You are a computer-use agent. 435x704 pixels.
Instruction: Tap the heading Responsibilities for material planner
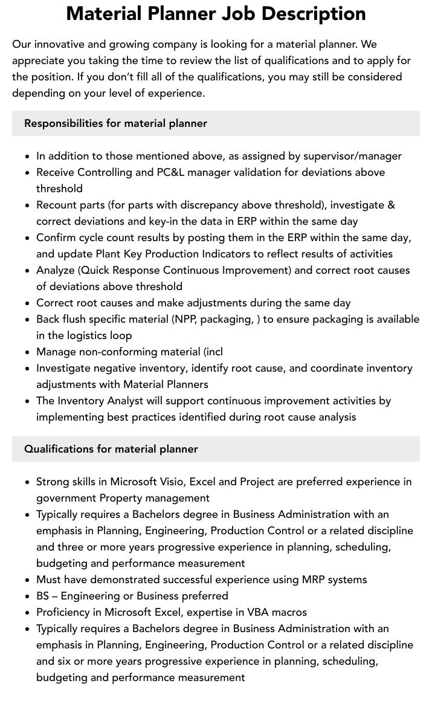point(115,123)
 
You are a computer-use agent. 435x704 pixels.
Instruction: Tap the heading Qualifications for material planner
point(111,449)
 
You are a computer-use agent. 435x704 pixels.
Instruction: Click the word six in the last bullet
point(65,661)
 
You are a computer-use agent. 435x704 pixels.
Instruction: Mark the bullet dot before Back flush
point(28,320)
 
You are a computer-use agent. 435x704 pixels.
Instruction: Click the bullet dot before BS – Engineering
point(28,596)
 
